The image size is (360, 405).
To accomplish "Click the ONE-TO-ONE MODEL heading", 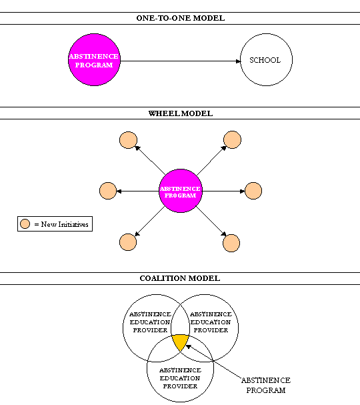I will pos(180,18).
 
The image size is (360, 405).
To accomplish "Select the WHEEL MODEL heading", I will pos(180,113).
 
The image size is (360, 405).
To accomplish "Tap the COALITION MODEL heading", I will pos(180,278).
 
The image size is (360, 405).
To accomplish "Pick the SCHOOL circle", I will pos(265,61).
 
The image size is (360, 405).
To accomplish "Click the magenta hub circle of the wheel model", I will pos(180,192).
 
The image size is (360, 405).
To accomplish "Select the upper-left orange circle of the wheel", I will pos(127,140).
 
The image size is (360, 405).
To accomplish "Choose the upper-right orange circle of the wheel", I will pos(232,140).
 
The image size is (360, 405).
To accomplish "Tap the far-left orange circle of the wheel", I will pos(107,191).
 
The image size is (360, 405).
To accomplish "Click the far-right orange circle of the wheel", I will pos(253,191).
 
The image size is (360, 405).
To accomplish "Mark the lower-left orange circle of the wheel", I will pos(127,242).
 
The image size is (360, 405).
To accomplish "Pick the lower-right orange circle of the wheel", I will pos(231,244).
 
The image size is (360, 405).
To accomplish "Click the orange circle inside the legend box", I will pos(25,224).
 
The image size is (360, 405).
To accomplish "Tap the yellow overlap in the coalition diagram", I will pos(180,342).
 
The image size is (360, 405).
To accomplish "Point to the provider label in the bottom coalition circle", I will pos(180,378).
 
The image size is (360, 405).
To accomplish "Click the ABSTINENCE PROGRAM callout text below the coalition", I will pos(265,385).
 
